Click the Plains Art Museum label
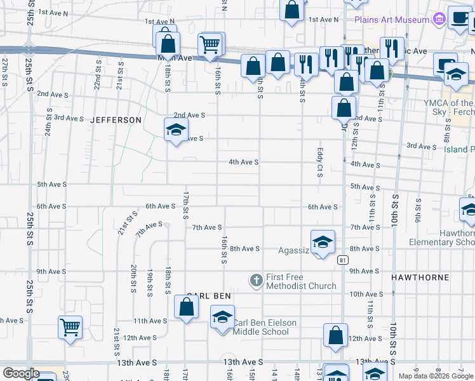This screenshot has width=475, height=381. (392, 20)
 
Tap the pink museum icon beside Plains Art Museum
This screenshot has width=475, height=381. (438, 20)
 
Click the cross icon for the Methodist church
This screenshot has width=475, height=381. (257, 280)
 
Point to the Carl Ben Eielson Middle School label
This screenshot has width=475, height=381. (264, 327)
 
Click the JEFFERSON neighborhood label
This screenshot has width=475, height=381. (116, 120)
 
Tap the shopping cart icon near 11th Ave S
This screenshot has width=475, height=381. (70, 328)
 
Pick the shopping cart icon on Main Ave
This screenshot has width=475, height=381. (210, 44)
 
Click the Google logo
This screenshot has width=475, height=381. (20, 373)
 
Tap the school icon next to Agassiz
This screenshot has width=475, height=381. (323, 243)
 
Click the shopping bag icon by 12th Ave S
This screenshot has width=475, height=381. (335, 335)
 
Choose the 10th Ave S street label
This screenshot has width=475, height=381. (366, 294)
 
